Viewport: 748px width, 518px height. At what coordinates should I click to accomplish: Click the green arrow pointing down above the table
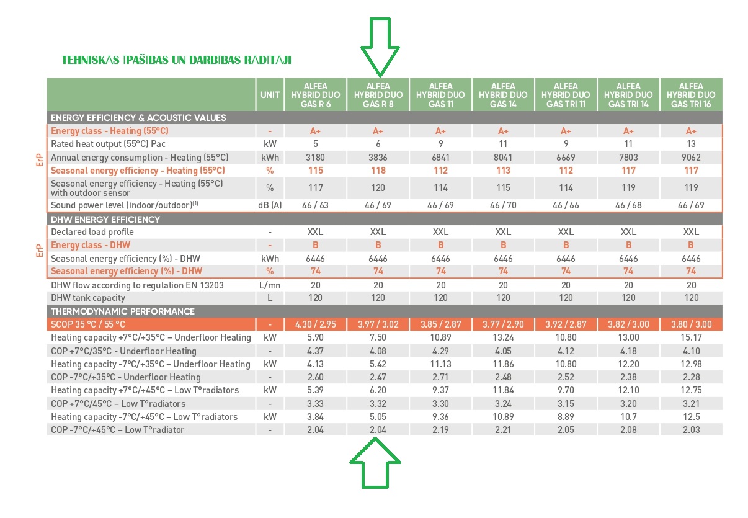click(x=380, y=47)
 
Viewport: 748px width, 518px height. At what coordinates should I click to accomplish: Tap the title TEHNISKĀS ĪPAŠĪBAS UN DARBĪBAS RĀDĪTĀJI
click(x=176, y=60)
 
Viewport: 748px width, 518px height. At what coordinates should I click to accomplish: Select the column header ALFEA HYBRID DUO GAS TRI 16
click(x=691, y=95)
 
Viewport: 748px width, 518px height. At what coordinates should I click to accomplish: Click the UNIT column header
click(x=270, y=95)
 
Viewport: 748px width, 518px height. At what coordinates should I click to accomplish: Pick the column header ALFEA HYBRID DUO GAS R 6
click(x=316, y=95)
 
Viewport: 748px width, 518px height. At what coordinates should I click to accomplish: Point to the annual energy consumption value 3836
click(x=378, y=158)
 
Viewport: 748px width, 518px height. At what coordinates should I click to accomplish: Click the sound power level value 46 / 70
click(x=503, y=205)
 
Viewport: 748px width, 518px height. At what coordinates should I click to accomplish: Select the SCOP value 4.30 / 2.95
click(x=316, y=324)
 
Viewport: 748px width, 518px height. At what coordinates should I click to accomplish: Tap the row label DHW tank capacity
click(x=88, y=298)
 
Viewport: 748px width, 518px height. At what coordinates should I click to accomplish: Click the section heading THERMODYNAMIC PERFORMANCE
click(x=123, y=311)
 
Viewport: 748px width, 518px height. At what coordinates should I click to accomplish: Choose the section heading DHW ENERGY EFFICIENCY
click(x=105, y=220)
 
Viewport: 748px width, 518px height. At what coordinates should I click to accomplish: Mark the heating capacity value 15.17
click(x=691, y=337)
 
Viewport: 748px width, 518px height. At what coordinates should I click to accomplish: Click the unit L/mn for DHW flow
click(x=270, y=285)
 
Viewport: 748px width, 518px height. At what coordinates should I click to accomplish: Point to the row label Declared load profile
click(x=92, y=232)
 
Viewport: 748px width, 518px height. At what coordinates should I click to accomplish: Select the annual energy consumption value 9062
click(x=691, y=158)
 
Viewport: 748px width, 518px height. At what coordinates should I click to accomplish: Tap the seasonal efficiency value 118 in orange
click(x=378, y=171)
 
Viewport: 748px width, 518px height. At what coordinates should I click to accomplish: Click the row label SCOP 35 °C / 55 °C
click(x=88, y=324)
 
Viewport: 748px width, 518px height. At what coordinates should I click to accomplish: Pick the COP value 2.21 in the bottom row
click(x=503, y=430)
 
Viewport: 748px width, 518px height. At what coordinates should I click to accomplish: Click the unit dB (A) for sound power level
click(x=270, y=205)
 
